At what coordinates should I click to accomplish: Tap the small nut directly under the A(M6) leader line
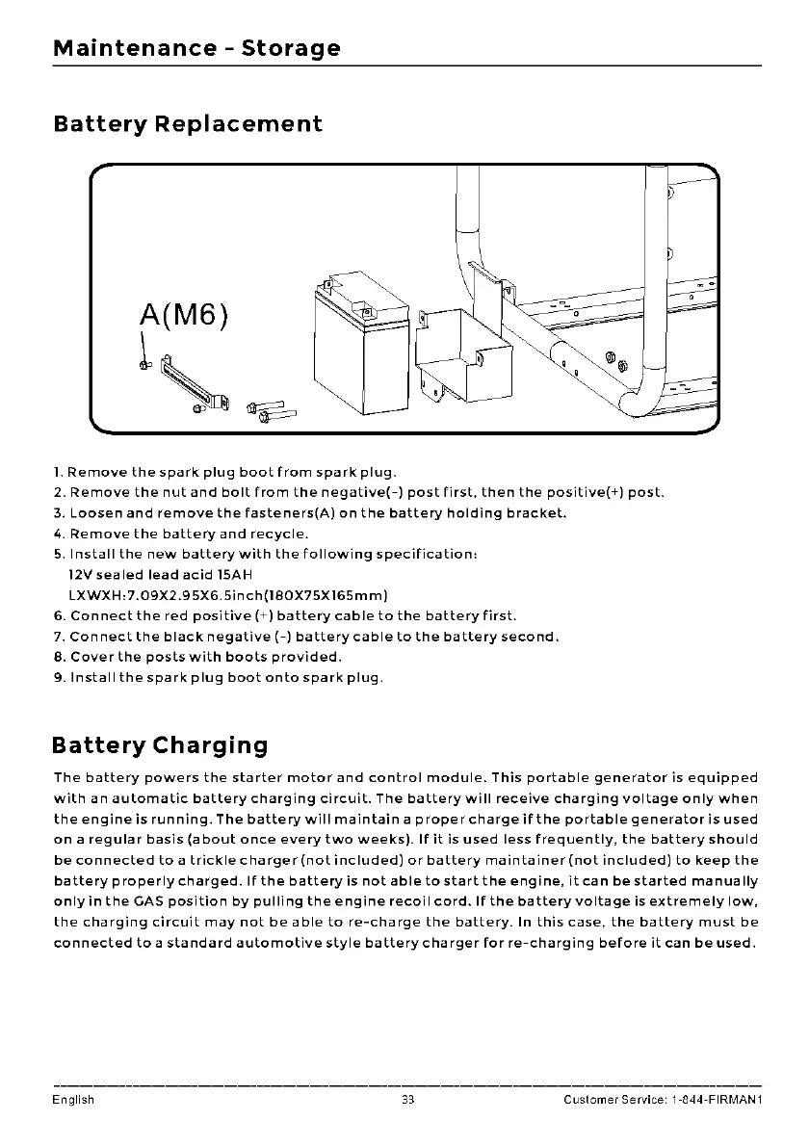pos(145,365)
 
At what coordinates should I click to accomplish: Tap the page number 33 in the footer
pos(407,1100)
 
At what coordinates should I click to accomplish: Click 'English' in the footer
pos(74,1100)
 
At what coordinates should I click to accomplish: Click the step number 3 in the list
pos(57,513)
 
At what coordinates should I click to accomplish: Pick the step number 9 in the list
pos(57,678)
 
